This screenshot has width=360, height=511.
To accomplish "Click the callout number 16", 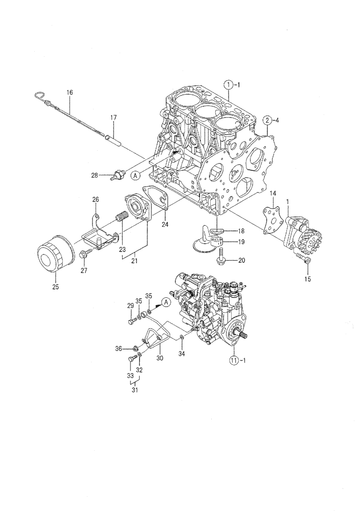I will [70, 92].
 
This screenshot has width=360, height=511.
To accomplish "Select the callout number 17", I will [114, 118].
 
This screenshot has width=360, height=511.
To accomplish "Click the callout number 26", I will [95, 199].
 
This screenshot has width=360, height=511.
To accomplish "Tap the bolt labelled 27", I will [85, 252].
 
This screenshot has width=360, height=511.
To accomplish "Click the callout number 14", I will [273, 194].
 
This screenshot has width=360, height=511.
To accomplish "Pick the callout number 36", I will [119, 349].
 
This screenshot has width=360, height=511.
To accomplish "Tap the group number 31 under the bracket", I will [136, 391].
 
